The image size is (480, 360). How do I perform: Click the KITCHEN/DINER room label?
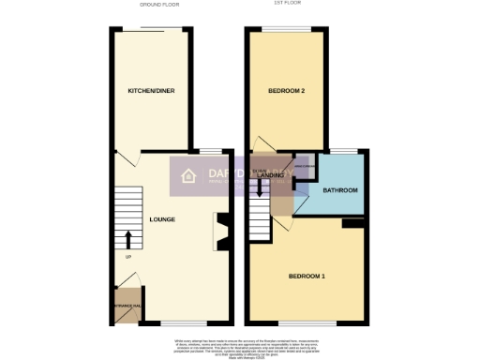pos(152,91)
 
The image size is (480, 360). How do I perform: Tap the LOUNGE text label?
pos(162,219)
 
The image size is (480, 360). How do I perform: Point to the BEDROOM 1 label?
pos(307,276)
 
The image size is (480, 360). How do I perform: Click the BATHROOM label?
pos(341,190)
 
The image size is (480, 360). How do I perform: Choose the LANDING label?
pos(272,175)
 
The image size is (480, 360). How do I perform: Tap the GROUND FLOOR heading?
pos(158,5)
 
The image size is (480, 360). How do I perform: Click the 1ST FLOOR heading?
pos(286,5)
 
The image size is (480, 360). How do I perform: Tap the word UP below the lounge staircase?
pos(127,257)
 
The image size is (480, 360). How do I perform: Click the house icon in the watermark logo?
pos(187,175)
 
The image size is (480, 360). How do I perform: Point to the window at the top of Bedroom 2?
pos(285,29)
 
